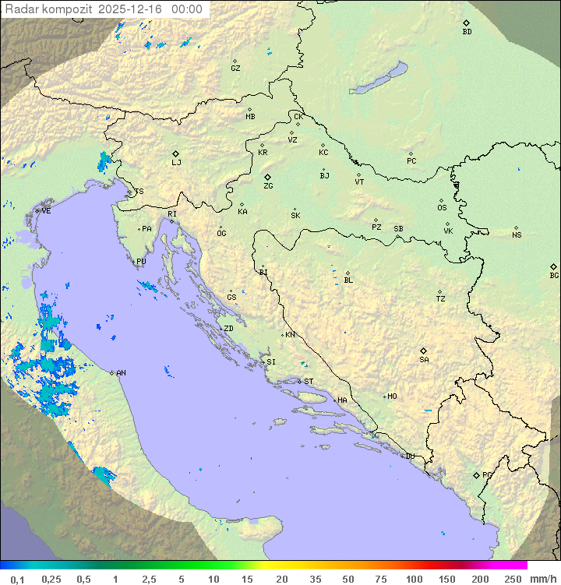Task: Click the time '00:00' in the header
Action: pos(186,9)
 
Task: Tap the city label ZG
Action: pos(268,186)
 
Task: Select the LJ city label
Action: pos(176,163)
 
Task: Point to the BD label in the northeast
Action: pos(467,32)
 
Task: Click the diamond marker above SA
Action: pos(424,351)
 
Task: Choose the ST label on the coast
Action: pos(309,382)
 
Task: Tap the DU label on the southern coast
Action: pos(409,456)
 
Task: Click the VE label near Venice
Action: pos(46,211)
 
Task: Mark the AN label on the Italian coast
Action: pos(121,373)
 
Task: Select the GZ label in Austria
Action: pos(235,69)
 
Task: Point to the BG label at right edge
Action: pos(554,276)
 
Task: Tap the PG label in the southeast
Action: pos(487,475)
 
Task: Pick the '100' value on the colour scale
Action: pos(414,579)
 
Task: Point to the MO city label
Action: pos(392,396)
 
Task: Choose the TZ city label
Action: pos(441,299)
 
